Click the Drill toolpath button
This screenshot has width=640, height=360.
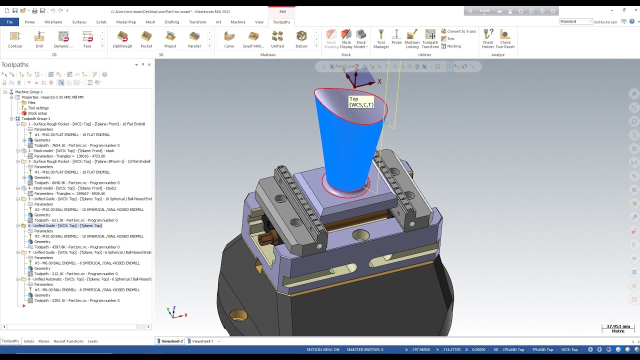tap(39, 39)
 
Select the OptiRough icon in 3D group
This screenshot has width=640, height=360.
tap(122, 39)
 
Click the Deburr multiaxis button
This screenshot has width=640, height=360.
tap(301, 39)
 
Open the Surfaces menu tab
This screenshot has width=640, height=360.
tap(79, 22)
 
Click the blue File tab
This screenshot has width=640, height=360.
tap(9, 22)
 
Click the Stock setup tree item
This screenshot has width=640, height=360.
tap(38, 113)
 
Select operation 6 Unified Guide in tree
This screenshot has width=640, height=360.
tap(65, 225)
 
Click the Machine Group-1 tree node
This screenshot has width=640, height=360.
tap(29, 92)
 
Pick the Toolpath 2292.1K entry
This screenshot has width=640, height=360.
tap(76, 300)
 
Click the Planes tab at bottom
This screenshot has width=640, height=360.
tap(44, 341)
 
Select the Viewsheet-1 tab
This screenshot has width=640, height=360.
tap(202, 341)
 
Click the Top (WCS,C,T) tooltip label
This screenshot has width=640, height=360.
tap(361, 102)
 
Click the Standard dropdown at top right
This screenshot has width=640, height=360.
tap(576, 21)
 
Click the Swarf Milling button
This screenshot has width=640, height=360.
tap(253, 39)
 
